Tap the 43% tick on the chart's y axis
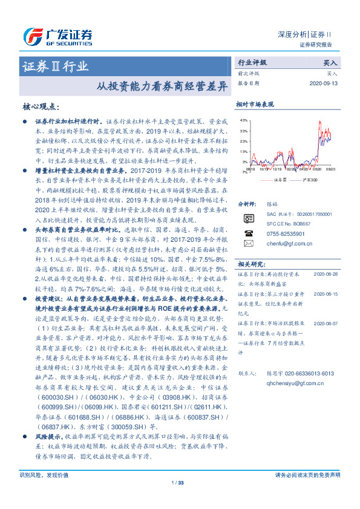click(x=243, y=121)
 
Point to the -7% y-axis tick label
click(x=244, y=172)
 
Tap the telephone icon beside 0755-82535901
click(x=249, y=233)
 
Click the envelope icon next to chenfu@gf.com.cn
click(x=249, y=243)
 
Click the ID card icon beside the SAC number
click(x=249, y=218)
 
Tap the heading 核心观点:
click(x=41, y=106)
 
